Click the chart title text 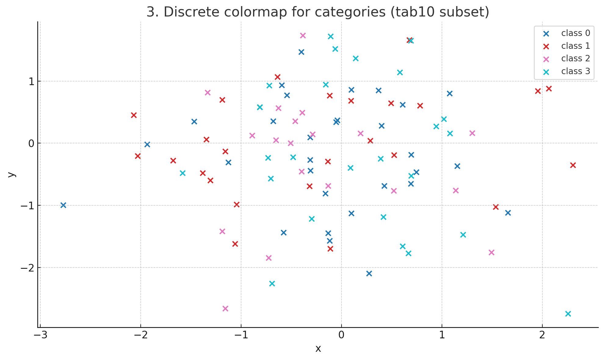(x=318, y=12)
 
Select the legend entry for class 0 (x=575, y=33)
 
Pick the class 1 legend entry (x=575, y=46)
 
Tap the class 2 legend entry (x=575, y=59)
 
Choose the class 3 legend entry (x=575, y=71)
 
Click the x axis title (x=318, y=349)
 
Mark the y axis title (x=11, y=174)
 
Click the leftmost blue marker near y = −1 (x=63, y=205)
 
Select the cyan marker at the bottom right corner (x=568, y=314)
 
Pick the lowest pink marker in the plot (x=225, y=308)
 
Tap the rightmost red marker (x=573, y=165)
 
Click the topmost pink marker (x=303, y=35)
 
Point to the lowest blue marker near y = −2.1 (x=369, y=273)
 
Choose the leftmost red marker (x=134, y=115)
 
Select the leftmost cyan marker (x=183, y=173)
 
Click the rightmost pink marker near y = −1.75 (x=491, y=252)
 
